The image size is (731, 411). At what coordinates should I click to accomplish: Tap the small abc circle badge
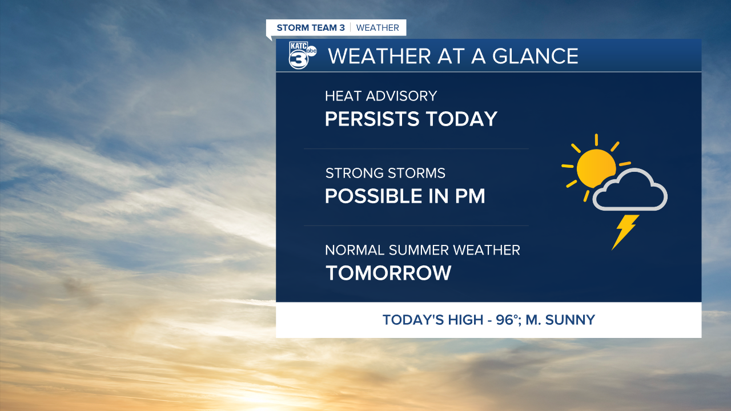pos(311,51)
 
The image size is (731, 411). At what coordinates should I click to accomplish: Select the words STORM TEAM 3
pos(311,28)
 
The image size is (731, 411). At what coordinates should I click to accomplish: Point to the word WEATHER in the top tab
pos(377,28)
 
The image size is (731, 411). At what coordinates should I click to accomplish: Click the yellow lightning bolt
pos(625,232)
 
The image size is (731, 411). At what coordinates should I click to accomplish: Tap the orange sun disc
pos(596,168)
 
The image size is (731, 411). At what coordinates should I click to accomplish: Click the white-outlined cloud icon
pos(630,190)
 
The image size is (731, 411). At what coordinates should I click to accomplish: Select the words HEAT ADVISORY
pos(381,96)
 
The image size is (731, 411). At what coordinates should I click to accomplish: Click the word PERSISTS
pos(372,118)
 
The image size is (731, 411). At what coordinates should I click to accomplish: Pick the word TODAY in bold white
pos(462,118)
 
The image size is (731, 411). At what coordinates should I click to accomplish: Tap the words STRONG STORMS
pos(385,173)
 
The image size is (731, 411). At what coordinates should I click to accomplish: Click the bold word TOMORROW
pos(388,273)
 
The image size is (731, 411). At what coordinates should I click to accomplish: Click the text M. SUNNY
pos(560,320)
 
